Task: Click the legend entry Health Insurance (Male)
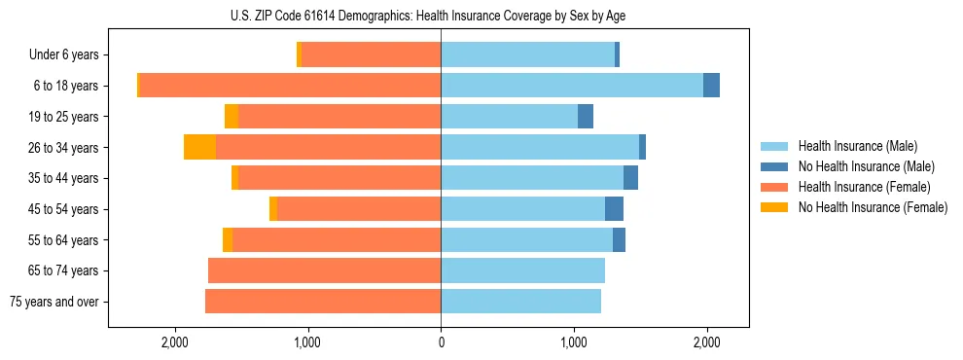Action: (x=857, y=146)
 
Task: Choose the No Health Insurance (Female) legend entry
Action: (x=873, y=207)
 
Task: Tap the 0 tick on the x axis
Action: (x=441, y=342)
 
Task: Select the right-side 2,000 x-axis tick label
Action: (x=706, y=342)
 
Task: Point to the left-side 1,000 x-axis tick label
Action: (x=308, y=342)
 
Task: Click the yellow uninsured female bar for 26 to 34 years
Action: (x=199, y=147)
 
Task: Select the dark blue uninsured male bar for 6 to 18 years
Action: (x=711, y=86)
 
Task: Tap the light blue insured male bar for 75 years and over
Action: (x=520, y=302)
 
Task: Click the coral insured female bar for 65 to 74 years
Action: (x=324, y=270)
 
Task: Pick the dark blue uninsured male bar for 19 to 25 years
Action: (x=586, y=117)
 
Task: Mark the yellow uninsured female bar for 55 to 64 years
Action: (x=228, y=239)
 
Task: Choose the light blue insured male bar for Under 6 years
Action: (x=527, y=55)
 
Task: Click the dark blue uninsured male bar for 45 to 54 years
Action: (x=614, y=209)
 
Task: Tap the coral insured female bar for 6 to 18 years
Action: (x=290, y=86)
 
